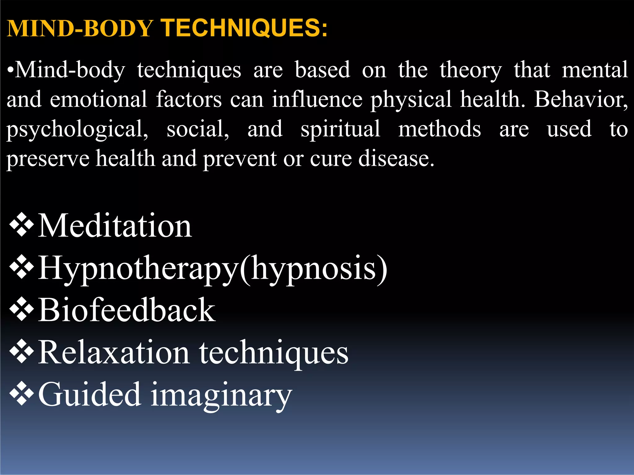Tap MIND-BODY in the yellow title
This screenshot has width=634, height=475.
80,28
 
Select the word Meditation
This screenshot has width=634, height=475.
115,226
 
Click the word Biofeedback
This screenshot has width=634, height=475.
127,310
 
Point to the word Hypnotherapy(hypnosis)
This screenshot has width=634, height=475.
213,268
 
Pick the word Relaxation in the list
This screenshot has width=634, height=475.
114,353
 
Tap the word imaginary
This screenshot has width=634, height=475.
221,396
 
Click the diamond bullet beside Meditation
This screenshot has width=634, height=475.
22,225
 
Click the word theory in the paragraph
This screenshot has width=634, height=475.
471,71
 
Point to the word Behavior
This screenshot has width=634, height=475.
581,100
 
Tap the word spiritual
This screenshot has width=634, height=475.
341,129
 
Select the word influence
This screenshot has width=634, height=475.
317,100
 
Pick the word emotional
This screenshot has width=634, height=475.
98,100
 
